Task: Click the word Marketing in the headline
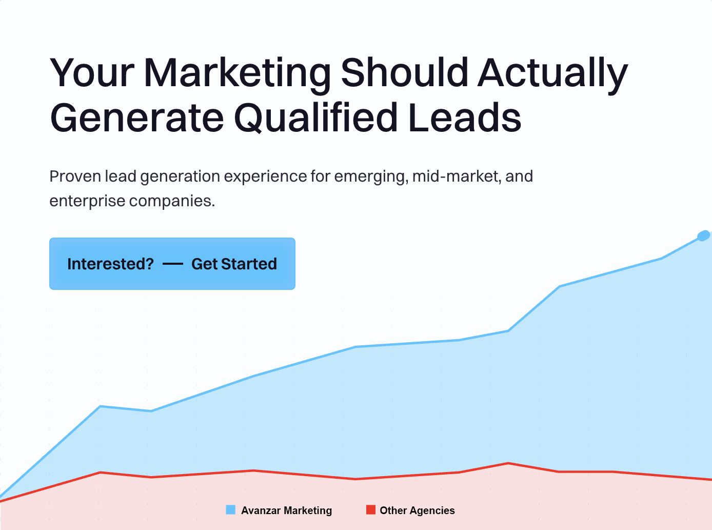click(x=238, y=73)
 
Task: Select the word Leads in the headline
click(x=465, y=117)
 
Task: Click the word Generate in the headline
click(x=137, y=118)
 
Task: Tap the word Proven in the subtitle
click(x=75, y=176)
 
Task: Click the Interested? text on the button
click(x=110, y=264)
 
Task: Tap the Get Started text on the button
click(x=234, y=264)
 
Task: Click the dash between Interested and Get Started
click(x=173, y=264)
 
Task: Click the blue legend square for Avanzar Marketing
click(x=230, y=510)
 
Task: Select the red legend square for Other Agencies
click(x=371, y=510)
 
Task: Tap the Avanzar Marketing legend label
click(x=286, y=511)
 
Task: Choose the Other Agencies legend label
click(x=418, y=511)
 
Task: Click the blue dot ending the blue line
click(x=703, y=235)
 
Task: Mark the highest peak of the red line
click(x=508, y=463)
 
